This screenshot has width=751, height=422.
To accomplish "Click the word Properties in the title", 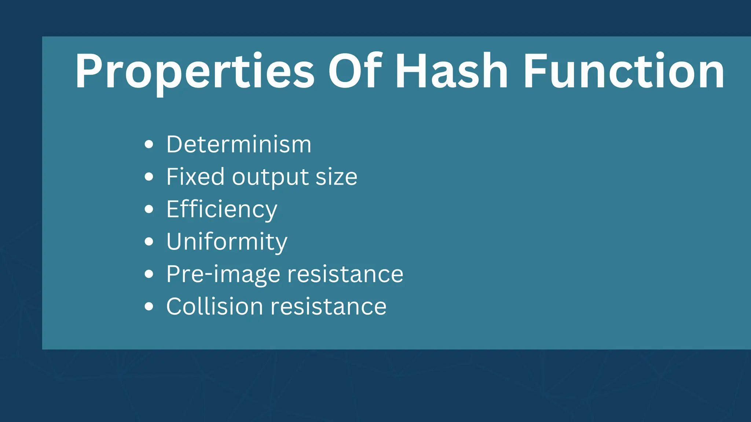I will (x=195, y=71).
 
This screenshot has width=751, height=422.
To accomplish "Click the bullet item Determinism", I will (x=239, y=144).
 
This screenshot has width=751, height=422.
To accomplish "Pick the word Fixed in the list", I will (x=195, y=177).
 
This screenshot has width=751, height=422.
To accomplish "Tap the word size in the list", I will (x=336, y=177).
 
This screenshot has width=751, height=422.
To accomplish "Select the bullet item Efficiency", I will (x=221, y=210).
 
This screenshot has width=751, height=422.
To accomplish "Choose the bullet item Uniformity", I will (x=227, y=242).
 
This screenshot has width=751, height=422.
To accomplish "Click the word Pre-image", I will (x=223, y=274).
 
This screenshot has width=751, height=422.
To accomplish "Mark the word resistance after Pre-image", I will (x=345, y=274).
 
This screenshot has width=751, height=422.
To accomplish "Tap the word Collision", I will (x=215, y=306).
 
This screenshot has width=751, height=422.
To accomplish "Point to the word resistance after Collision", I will (x=329, y=307).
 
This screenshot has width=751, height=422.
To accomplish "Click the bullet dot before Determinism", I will (x=149, y=144).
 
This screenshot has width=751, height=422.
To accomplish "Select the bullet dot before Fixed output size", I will (x=149, y=177).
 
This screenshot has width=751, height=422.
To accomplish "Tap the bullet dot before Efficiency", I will (x=149, y=209).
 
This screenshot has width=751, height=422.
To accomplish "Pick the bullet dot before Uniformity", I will (x=149, y=242).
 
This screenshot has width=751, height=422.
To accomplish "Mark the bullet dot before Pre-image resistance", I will (x=149, y=274).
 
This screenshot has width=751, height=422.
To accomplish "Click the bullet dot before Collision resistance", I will (x=149, y=307).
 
